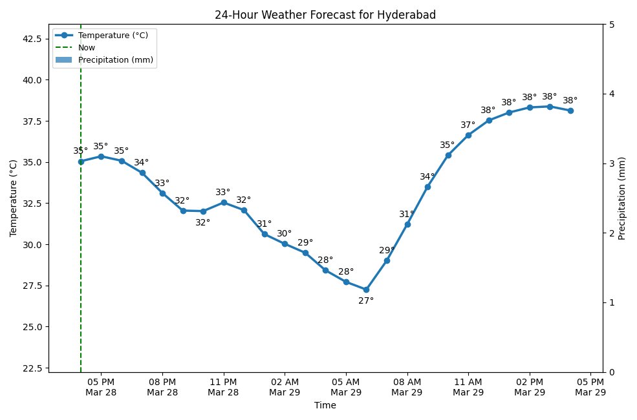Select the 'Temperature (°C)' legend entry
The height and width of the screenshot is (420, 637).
(113, 36)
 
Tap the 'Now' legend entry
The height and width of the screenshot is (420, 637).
(87, 48)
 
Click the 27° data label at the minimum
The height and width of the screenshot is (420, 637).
(366, 300)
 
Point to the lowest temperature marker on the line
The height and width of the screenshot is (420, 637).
(366, 289)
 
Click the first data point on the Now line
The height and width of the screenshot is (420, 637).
(81, 162)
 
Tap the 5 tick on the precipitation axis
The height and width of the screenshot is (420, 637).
(612, 25)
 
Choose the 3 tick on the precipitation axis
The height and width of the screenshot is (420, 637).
(612, 163)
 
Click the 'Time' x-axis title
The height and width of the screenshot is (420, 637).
(325, 406)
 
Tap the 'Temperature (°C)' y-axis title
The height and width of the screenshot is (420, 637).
(13, 198)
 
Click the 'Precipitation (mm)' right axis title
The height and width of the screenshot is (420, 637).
(622, 198)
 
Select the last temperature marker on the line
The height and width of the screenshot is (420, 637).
(570, 110)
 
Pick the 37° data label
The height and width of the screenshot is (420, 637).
(468, 125)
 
